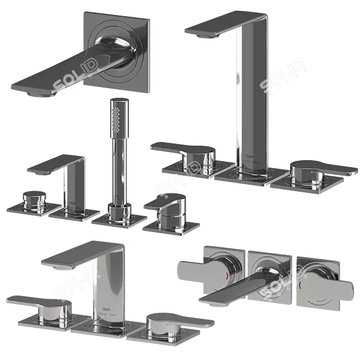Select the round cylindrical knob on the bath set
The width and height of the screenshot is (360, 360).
(x=33, y=201)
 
